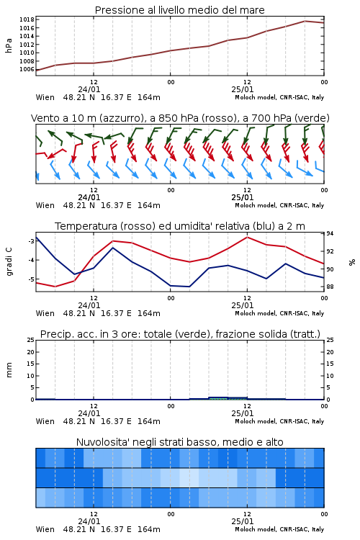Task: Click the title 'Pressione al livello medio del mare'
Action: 179,10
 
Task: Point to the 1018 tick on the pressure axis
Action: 27,19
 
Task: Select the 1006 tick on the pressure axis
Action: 27,69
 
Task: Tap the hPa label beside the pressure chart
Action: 9,45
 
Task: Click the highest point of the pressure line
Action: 305,21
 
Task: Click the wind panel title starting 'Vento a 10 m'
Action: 180,118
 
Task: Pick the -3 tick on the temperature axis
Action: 31,241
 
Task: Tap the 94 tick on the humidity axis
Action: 330,233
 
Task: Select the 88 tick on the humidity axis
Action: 330,287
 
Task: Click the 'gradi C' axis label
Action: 9,261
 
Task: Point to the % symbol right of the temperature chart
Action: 352,262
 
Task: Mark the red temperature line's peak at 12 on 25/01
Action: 247,237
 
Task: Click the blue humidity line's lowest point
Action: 189,287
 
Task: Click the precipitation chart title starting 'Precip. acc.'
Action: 180,334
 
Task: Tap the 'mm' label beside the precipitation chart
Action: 9,370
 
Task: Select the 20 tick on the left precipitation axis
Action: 31,352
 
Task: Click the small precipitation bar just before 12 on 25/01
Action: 218,398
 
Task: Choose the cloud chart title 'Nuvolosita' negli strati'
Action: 179,442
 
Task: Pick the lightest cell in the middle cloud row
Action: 189,477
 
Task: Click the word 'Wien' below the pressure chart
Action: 45,97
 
